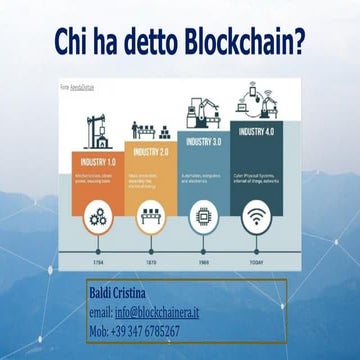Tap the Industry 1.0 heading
tap(98, 161)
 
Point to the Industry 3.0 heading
tap(203, 142)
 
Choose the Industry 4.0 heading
tap(255, 131)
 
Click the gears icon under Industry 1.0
tap(98, 215)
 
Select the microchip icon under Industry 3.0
tap(203, 215)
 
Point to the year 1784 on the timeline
tap(98, 264)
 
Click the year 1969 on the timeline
tap(203, 264)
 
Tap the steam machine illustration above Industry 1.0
tap(99, 130)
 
